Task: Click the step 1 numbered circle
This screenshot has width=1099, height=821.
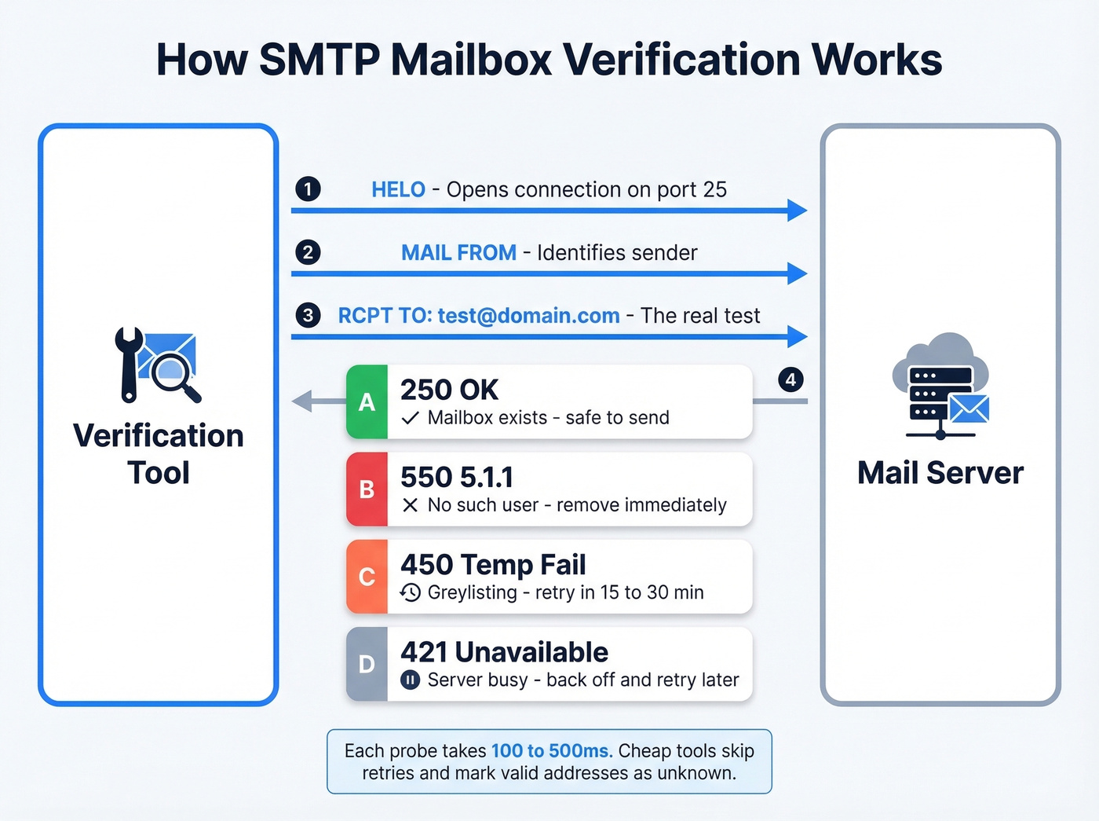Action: coord(308,189)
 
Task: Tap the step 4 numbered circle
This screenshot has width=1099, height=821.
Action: coord(790,379)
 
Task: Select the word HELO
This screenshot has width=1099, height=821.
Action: coord(398,189)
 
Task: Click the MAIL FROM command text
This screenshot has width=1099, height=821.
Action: coord(458,252)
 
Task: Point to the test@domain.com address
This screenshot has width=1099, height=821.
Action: coord(528,316)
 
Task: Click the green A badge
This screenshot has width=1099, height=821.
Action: coord(367,402)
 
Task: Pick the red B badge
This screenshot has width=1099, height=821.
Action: coord(367,489)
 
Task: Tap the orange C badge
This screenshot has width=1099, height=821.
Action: coord(367,577)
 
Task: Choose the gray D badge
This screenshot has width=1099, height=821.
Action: coord(367,664)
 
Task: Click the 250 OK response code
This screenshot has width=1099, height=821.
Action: coord(449,390)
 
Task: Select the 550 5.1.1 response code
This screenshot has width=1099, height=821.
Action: coord(457,477)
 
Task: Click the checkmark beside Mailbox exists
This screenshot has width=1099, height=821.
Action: coord(410,418)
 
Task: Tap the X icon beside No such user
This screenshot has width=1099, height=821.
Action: coord(410,505)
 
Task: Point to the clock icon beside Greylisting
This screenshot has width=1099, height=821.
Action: coord(410,592)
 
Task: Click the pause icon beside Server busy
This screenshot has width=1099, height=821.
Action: coord(410,680)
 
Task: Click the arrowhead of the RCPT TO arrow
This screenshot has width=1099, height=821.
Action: coord(797,337)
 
